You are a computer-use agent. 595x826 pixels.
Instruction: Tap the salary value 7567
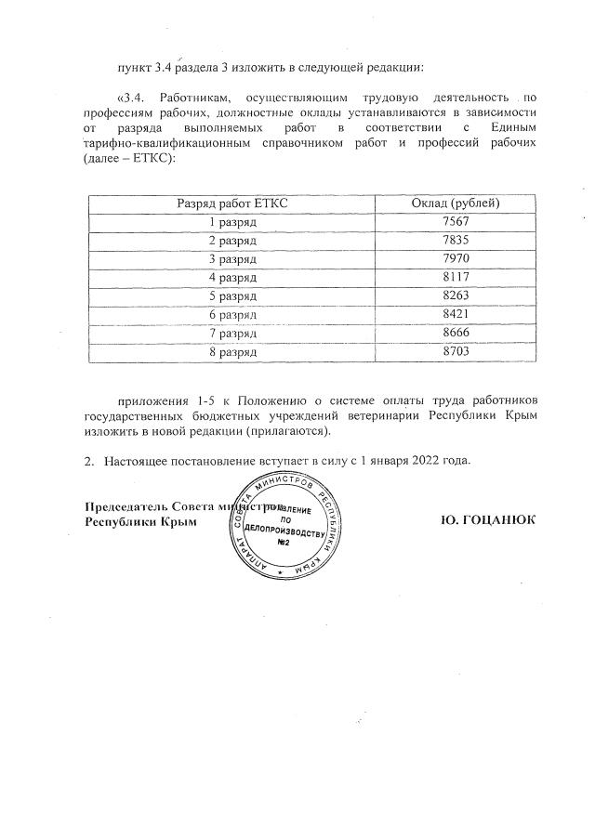pyautogui.click(x=456, y=222)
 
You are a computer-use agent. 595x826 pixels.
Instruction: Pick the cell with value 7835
pyautogui.click(x=456, y=241)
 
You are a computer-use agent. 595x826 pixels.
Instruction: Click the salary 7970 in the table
pyautogui.click(x=456, y=259)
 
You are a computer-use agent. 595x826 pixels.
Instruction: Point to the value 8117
pyautogui.click(x=456, y=278)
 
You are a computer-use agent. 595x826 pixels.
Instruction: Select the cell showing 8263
pyautogui.click(x=456, y=296)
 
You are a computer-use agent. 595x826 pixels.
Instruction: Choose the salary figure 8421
pyautogui.click(x=456, y=315)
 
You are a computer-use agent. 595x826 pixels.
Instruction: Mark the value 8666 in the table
pyautogui.click(x=456, y=334)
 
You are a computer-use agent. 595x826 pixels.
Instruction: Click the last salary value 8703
pyautogui.click(x=456, y=352)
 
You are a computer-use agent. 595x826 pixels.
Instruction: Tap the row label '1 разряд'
pyautogui.click(x=232, y=222)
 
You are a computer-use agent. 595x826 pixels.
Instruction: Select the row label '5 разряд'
pyautogui.click(x=232, y=296)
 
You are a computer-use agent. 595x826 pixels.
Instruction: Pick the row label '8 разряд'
pyautogui.click(x=232, y=352)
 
